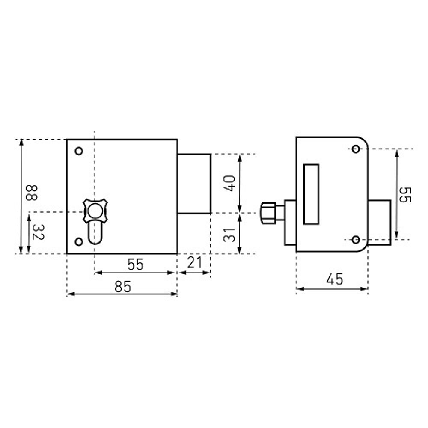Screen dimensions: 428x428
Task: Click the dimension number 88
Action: click(31, 193)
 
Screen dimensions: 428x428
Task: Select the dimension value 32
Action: click(38, 232)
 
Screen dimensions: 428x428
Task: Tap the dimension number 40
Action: click(229, 184)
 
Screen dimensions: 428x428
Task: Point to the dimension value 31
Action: click(229, 235)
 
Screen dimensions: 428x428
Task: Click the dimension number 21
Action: click(194, 262)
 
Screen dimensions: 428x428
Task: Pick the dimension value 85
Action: click(123, 287)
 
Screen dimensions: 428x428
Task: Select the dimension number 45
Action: click(335, 279)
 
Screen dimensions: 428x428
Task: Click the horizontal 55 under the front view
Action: click(135, 264)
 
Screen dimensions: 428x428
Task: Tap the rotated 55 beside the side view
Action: click(405, 195)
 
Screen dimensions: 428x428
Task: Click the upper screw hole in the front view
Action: click(79, 151)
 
